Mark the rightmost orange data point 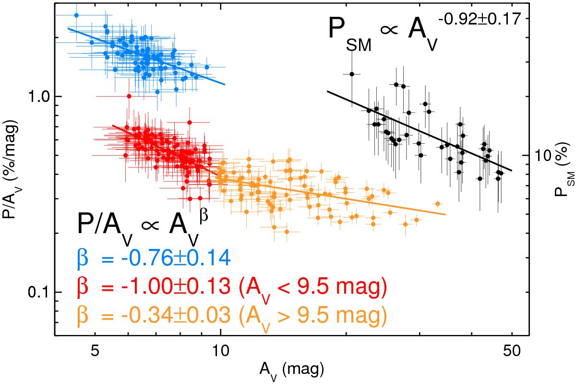437,203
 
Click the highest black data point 352,74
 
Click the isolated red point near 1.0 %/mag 128,96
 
